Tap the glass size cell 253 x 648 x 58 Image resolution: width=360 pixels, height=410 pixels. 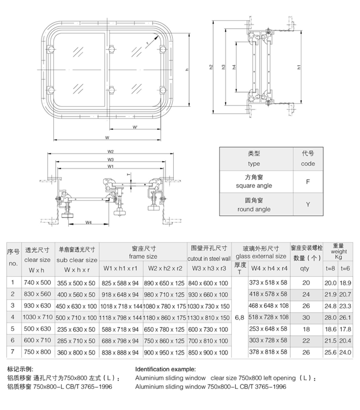(x=268, y=328)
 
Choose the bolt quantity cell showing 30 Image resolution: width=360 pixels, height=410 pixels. (x=306, y=317)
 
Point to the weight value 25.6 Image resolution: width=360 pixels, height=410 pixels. (x=331, y=351)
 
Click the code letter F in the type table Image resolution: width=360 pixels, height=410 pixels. (x=308, y=183)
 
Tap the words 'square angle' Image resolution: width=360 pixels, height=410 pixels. (x=253, y=186)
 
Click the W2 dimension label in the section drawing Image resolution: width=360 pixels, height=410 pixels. (x=110, y=152)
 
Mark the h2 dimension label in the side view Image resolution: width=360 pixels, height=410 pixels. (x=211, y=68)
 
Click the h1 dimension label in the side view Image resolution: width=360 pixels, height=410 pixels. (x=300, y=68)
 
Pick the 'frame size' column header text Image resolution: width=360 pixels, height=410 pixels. (x=143, y=257)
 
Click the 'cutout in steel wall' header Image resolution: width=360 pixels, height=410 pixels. (x=209, y=258)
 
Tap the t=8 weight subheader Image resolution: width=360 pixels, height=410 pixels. (x=331, y=269)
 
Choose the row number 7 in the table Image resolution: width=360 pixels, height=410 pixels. (x=13, y=351)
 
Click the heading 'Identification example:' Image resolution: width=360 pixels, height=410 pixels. (x=166, y=369)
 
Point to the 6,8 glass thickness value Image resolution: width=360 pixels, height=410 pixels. (x=240, y=317)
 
